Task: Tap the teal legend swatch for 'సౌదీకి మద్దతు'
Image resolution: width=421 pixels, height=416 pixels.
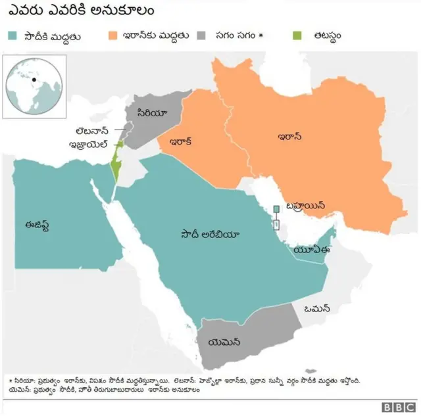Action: [x=12, y=35]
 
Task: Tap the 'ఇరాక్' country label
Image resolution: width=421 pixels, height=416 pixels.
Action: [x=181, y=141]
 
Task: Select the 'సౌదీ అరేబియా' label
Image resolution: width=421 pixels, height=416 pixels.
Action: [x=211, y=234]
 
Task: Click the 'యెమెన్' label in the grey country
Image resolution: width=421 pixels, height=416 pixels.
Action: [x=224, y=342]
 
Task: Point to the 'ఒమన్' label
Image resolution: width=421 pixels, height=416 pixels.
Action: [x=317, y=308]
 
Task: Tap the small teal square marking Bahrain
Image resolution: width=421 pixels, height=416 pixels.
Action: [x=277, y=208]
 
